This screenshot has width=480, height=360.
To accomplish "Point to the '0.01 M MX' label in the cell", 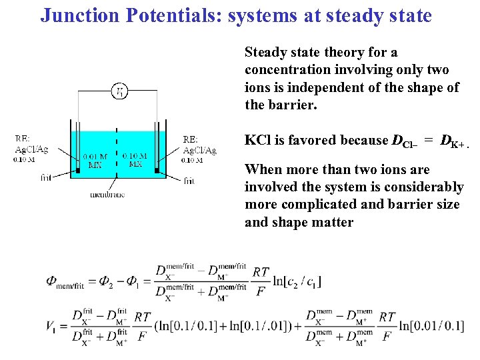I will [95, 160].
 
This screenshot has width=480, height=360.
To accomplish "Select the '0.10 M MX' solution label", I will [135, 160].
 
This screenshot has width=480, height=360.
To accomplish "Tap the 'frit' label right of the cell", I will [188, 180].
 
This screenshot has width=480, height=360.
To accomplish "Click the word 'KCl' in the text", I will [257, 140].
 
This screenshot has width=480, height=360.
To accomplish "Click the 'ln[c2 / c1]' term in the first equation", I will [297, 281].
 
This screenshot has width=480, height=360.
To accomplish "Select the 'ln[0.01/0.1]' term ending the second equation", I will [431, 326].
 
